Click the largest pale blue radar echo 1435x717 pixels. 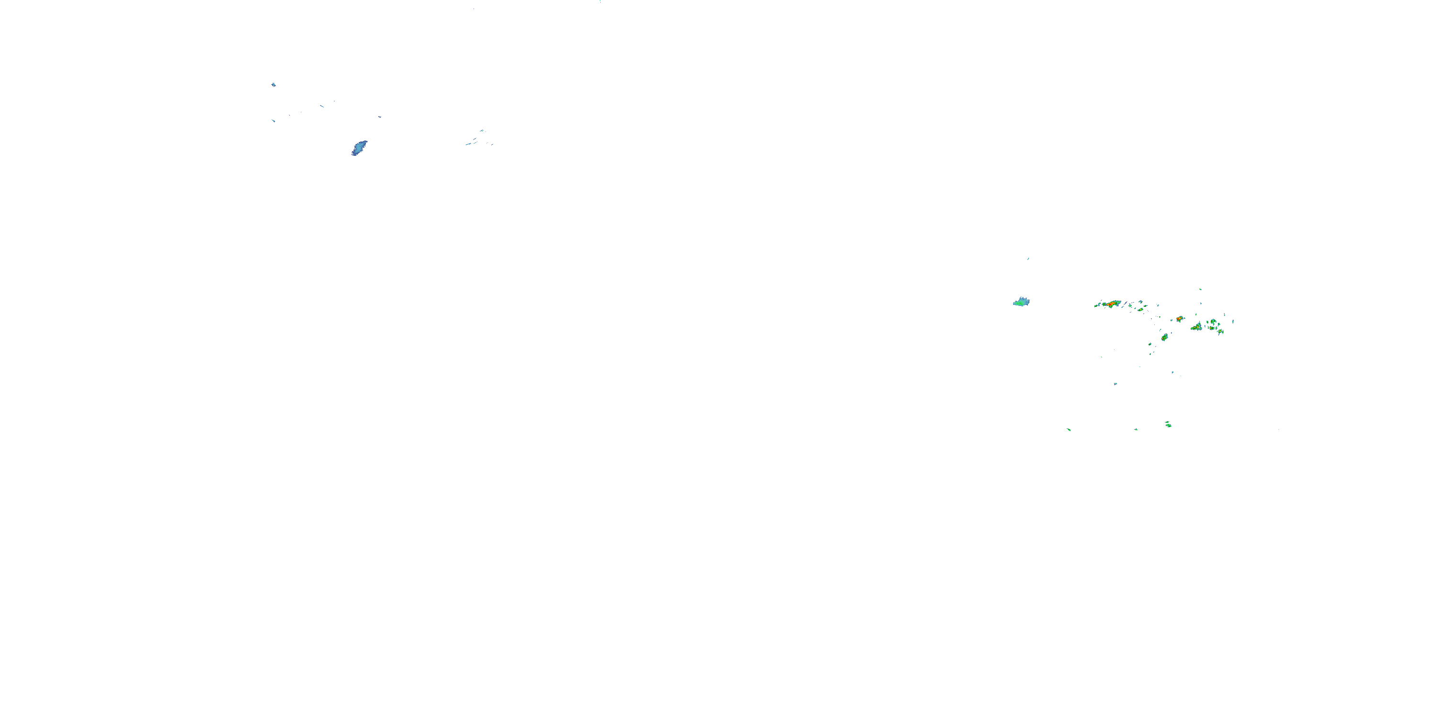(x=359, y=148)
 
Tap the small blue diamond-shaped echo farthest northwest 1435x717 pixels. (x=274, y=85)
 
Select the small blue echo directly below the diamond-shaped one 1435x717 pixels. (x=274, y=121)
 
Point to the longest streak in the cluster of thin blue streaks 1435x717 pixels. (x=470, y=143)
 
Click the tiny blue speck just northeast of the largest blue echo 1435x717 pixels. (x=379, y=117)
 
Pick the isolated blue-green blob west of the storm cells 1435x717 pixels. (x=1021, y=302)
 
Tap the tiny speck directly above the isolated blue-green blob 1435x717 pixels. (x=1028, y=259)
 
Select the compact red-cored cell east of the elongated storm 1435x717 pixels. (x=1179, y=319)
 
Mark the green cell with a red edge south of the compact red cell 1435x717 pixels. (x=1164, y=337)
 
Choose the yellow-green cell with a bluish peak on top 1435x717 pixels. (x=1197, y=327)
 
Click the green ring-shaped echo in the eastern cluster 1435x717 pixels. (x=1213, y=322)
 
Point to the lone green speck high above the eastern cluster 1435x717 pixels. (x=1201, y=290)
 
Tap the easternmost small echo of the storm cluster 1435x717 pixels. (x=1233, y=322)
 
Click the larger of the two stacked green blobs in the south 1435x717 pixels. (x=1168, y=425)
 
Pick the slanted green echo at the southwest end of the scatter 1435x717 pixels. (x=1069, y=429)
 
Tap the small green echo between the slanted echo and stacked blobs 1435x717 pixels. (x=1136, y=429)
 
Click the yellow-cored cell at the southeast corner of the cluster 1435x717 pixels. (x=1220, y=332)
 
